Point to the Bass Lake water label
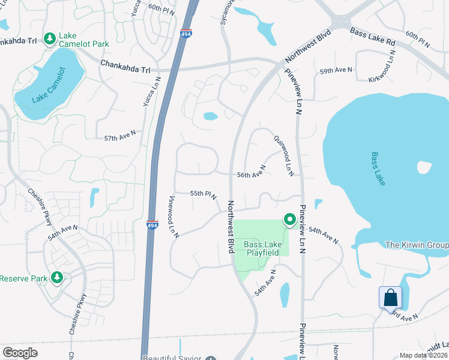tap(377, 169)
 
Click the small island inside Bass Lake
tap(424, 167)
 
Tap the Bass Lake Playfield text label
tap(262, 249)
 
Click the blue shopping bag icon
tap(390, 298)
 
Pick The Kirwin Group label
tap(417, 245)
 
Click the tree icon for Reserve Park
tap(57, 278)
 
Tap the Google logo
tap(20, 353)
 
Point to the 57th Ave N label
tap(120, 138)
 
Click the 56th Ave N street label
tap(251, 175)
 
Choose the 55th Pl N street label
tap(203, 194)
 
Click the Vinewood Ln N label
tap(173, 216)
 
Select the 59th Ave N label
tap(336, 71)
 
